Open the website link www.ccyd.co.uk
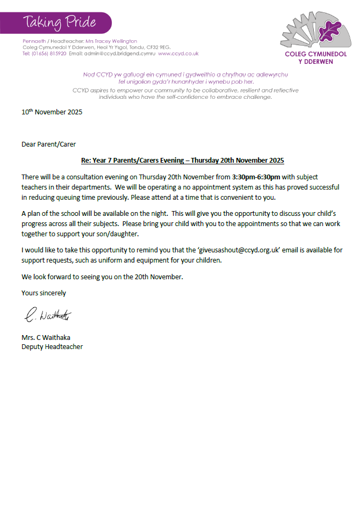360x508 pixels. [178, 54]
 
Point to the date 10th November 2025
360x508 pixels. [52, 113]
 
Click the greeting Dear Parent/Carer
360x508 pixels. [48, 144]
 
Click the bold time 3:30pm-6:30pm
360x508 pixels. [256, 177]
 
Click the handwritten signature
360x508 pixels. [48, 316]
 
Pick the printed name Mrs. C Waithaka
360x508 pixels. [46, 338]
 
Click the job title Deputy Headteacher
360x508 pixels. [52, 347]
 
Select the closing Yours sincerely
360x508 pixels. [44, 293]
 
